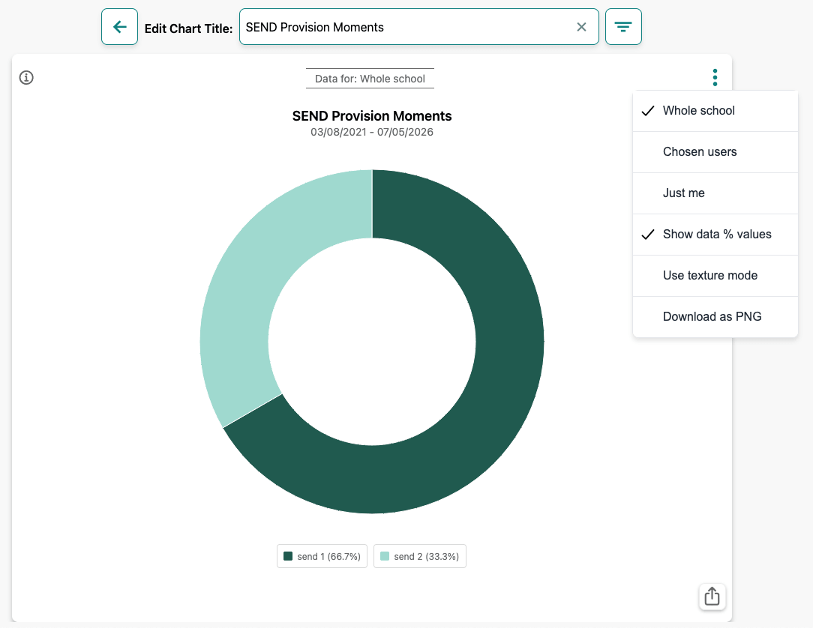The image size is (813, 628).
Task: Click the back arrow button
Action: point(119,26)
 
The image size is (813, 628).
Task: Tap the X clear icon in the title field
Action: point(581,27)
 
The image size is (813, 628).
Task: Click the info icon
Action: point(26,78)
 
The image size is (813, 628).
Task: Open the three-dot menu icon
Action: point(715,78)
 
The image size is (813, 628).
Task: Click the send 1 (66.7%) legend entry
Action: point(322,556)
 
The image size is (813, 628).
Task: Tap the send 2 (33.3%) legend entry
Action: point(420,556)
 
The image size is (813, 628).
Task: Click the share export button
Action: point(712,597)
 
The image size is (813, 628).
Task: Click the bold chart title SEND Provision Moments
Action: point(372,116)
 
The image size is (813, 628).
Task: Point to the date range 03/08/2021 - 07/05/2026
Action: point(372,132)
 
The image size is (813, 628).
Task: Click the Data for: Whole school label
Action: point(370,79)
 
